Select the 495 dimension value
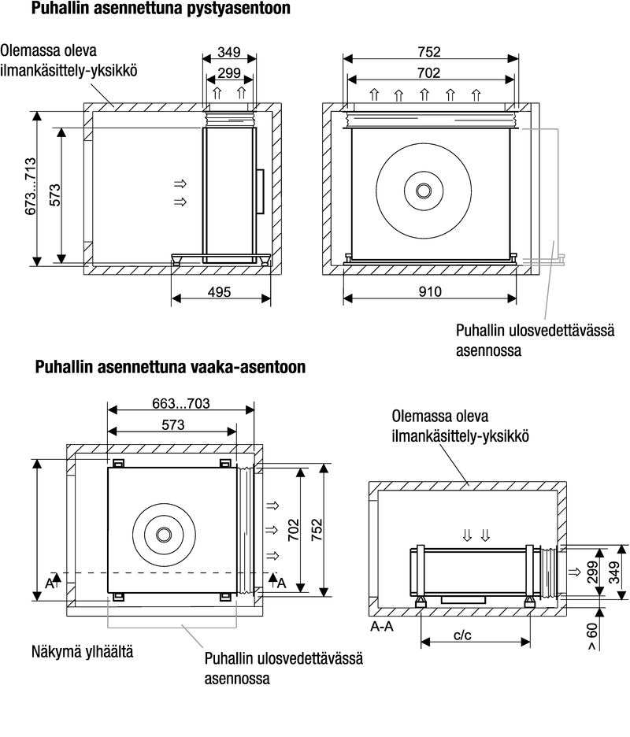220,292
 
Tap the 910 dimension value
430,292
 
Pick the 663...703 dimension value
180,404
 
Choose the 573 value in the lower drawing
172,425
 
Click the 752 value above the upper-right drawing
430,52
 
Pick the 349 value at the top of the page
229,52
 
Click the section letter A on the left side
49,583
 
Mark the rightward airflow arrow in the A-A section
574,570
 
